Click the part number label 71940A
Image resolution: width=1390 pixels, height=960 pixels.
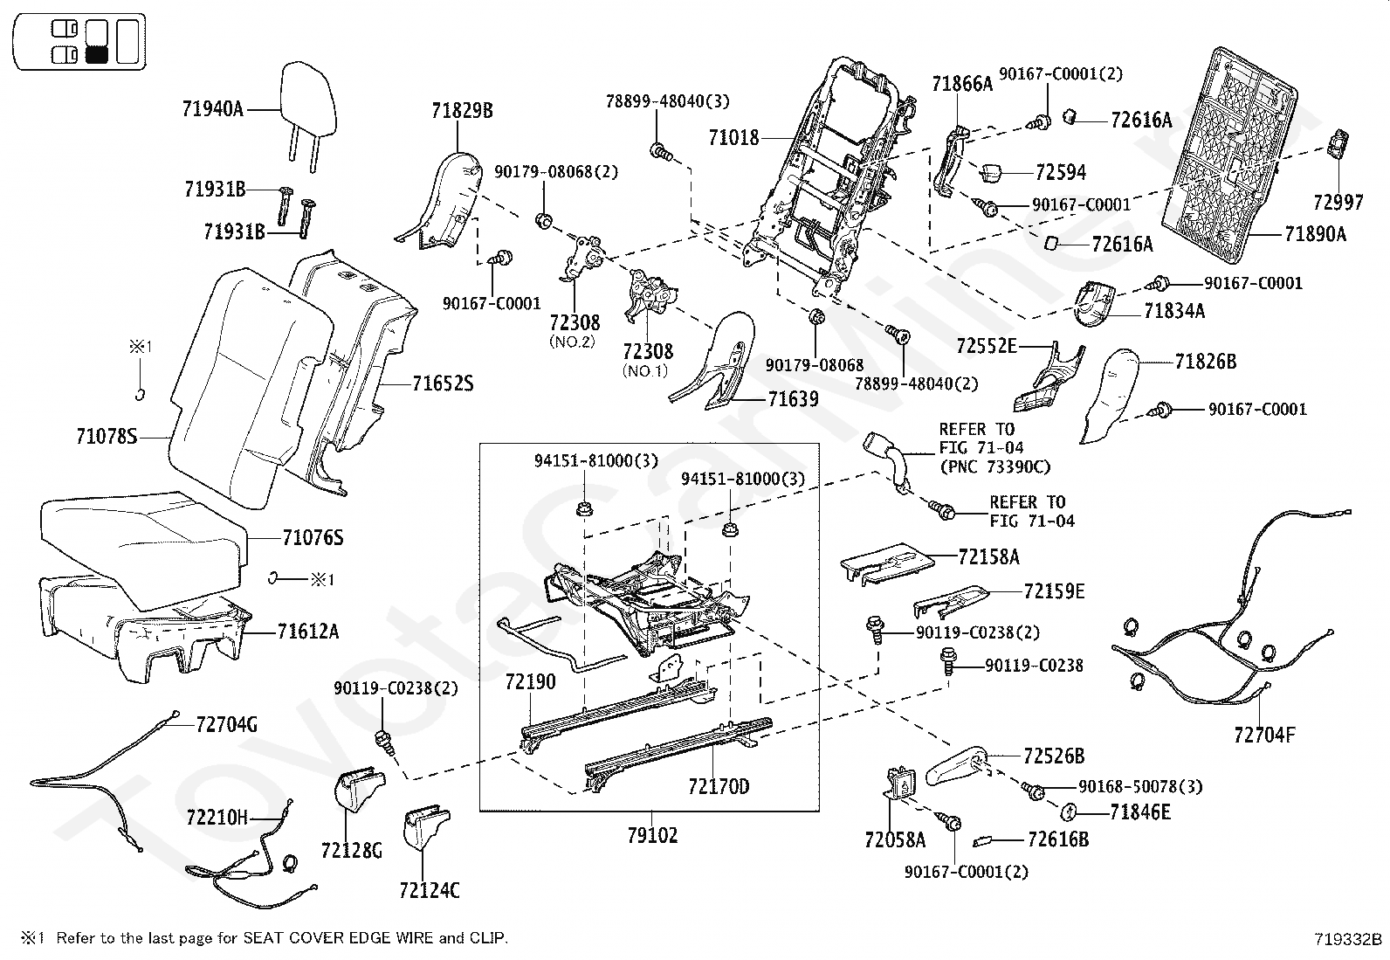213,109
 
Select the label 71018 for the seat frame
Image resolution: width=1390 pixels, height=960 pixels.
733,137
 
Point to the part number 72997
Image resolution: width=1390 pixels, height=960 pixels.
1338,203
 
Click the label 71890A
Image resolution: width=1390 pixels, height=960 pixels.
1315,233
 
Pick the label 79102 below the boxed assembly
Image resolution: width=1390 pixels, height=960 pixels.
652,836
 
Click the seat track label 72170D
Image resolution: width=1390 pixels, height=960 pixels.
719,787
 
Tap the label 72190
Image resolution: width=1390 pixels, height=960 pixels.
530,682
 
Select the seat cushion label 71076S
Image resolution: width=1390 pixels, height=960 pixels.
313,538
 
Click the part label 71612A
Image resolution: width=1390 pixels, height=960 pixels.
308,631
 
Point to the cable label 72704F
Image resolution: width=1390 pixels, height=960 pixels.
1264,736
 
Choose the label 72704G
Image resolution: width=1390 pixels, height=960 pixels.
227,724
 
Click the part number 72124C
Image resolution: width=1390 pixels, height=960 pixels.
429,891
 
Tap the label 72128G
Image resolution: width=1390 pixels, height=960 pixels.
352,850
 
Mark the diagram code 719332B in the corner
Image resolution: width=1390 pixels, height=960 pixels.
1348,940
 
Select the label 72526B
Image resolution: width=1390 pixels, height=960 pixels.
1054,756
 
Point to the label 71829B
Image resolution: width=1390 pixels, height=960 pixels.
462,110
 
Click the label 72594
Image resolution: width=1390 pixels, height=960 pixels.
1061,173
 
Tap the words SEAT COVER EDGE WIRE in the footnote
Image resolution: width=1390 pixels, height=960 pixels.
341,938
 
